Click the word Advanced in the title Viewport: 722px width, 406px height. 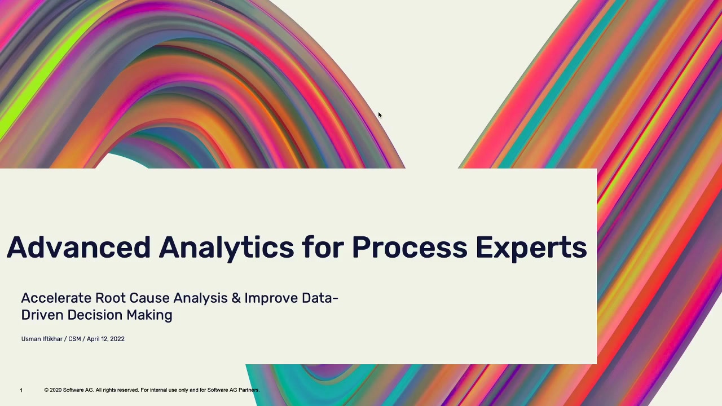coord(78,247)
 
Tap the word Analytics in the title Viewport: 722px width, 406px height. coord(226,249)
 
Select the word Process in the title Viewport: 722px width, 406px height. coord(410,248)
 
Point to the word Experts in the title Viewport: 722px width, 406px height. coord(531,249)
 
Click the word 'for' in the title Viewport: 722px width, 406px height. coord(323,247)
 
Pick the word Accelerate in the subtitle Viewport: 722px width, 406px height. coord(56,298)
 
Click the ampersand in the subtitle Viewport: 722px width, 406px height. coord(236,298)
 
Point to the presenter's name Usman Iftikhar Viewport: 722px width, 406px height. coord(42,339)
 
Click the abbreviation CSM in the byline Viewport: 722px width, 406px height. coord(74,339)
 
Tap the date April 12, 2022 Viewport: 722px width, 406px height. coord(105,339)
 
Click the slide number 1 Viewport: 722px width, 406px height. coord(21,390)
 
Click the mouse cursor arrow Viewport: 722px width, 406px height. coord(380,115)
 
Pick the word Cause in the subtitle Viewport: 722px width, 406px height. coord(149,298)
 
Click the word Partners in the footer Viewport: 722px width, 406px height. coord(249,390)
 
